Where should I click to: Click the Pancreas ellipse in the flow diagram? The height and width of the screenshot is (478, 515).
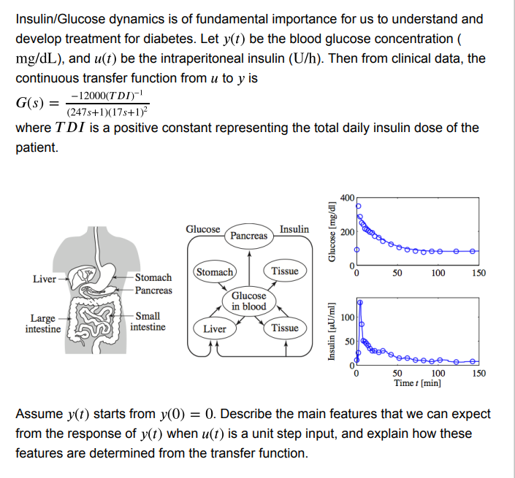pos(249,236)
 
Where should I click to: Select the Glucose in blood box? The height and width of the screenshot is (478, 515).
pos(249,301)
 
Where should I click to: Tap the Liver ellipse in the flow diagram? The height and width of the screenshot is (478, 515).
pos(215,328)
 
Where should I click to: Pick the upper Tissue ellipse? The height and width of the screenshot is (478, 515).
pos(285,271)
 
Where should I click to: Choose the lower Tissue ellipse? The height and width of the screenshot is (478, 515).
pos(285,328)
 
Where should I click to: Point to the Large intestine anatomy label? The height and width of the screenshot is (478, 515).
pos(43,323)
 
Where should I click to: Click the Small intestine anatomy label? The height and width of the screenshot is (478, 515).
pos(148,322)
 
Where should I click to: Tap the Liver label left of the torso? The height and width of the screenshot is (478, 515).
pos(45,279)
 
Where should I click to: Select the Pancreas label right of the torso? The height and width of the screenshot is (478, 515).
pos(153,290)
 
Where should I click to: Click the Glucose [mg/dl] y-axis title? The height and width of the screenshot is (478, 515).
pos(332,231)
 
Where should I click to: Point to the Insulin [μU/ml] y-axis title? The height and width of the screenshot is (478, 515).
pos(332,332)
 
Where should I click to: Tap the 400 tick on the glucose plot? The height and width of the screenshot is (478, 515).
pos(347,198)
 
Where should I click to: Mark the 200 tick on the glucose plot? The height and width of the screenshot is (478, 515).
pos(347,231)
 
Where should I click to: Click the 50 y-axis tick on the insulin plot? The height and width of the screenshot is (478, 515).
pos(349,342)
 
